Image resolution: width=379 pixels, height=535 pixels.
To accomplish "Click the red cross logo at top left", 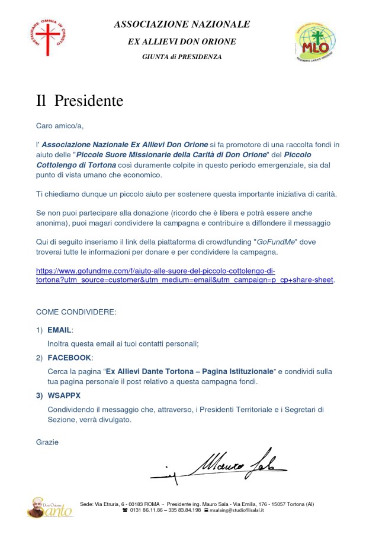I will point(48,37).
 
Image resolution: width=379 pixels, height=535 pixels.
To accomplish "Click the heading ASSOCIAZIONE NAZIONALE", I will point(182,24).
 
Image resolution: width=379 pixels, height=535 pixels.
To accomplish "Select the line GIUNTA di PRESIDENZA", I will point(182,57).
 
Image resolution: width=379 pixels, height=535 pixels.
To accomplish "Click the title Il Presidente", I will point(79,100).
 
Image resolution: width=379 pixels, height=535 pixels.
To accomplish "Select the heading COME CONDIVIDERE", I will point(76,312).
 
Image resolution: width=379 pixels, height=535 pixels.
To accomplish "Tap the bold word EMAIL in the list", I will point(59,329).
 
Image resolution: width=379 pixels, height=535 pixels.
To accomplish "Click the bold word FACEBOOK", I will point(69,358).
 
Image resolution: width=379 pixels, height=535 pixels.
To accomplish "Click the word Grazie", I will point(47,442).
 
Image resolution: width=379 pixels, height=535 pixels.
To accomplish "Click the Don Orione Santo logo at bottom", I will point(50,507).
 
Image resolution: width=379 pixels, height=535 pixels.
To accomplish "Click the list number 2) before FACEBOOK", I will point(39,358).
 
